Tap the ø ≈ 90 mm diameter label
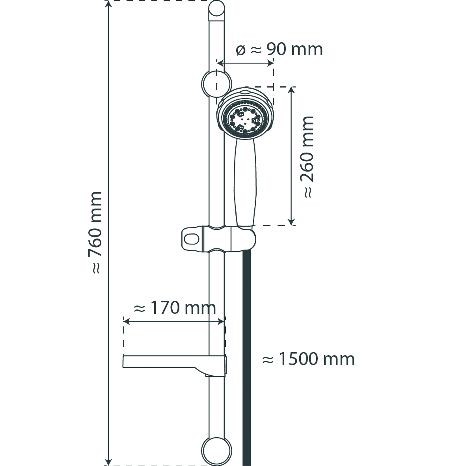(279, 49)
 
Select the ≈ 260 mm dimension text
(307, 157)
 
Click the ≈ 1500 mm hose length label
(308, 359)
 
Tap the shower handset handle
(244, 182)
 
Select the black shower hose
(247, 358)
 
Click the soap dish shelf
(174, 365)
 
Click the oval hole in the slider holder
(192, 239)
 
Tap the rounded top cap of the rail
(217, 9)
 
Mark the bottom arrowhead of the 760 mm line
(109, 462)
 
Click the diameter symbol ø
(241, 50)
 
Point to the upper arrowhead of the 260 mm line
(291, 90)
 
